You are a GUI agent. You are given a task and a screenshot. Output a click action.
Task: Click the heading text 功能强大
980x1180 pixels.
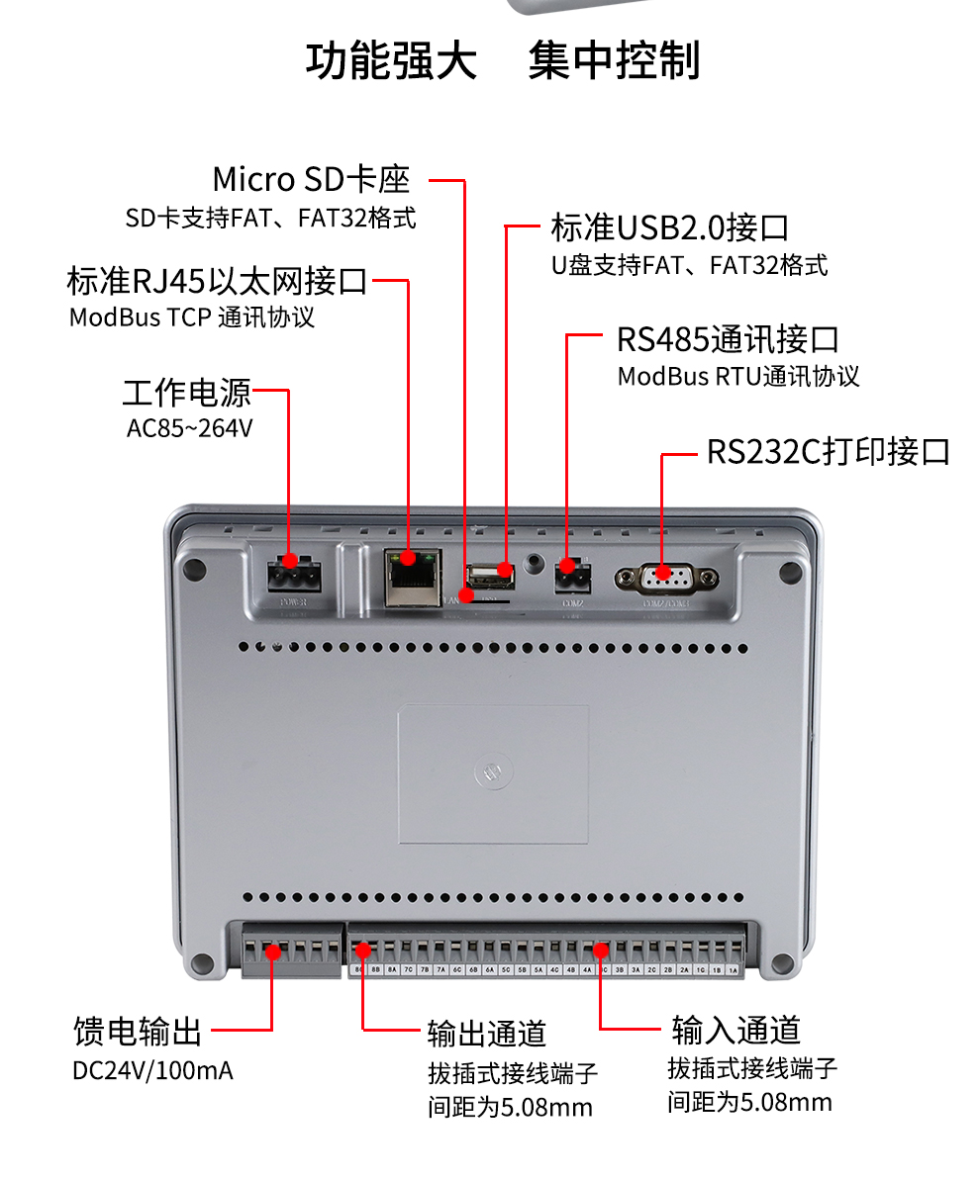click(x=391, y=61)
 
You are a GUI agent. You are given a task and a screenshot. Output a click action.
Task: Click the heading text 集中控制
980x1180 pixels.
click(x=614, y=61)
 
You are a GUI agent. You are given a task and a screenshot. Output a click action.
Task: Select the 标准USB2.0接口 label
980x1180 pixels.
click(x=670, y=227)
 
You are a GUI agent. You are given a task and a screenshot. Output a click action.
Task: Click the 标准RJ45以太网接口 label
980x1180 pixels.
click(x=217, y=281)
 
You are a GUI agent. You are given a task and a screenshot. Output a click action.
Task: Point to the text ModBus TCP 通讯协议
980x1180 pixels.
click(x=192, y=318)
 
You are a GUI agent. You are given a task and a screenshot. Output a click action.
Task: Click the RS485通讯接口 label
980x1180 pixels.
click(x=728, y=339)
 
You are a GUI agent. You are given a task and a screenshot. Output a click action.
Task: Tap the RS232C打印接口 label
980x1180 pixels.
click(x=828, y=452)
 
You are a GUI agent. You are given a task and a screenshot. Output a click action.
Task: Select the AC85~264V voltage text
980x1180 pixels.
click(x=190, y=429)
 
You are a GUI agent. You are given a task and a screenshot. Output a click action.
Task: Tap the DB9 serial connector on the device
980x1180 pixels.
click(x=666, y=578)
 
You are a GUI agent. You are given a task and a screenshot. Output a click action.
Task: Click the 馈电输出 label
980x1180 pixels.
click(x=138, y=1031)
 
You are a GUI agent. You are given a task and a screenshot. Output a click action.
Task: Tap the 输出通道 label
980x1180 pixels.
click(x=487, y=1033)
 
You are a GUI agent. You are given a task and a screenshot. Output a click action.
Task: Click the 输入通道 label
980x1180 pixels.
click(x=735, y=1030)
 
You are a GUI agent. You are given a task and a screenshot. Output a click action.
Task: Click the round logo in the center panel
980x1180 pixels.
click(x=492, y=773)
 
